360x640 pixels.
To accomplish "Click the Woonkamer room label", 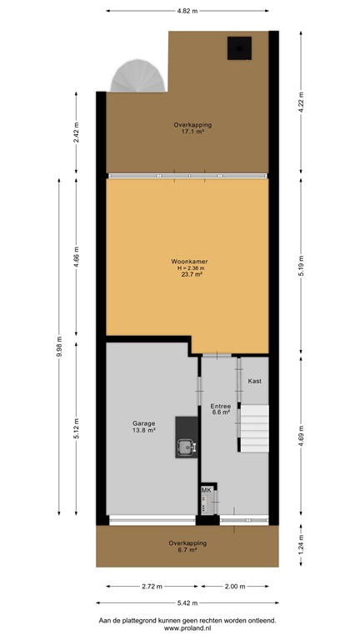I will tap(187, 261).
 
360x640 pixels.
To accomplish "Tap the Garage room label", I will tap(144, 422).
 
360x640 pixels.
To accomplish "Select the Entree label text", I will tap(220, 405).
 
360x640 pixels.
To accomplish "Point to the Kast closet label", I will tap(255, 381).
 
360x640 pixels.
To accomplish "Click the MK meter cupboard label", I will tap(206, 490).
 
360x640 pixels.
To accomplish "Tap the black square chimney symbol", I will tap(240, 49).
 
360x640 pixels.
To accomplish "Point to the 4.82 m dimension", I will tap(187, 12).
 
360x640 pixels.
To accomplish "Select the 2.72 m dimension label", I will tap(147, 587).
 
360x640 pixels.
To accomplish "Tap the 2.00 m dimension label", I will tap(234, 587).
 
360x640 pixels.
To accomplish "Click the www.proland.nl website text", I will tap(187, 628).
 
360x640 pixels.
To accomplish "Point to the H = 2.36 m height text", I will tap(187, 267).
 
